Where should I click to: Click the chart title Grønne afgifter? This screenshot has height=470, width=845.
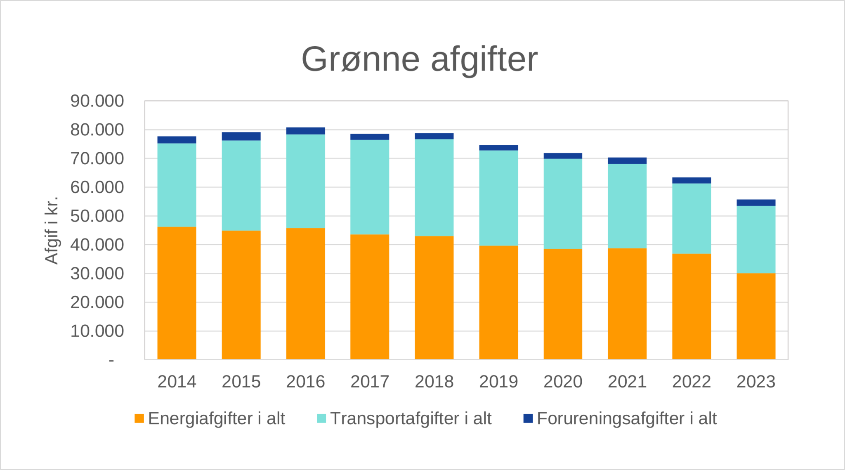[x=420, y=59]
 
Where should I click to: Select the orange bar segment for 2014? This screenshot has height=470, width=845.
[x=177, y=293]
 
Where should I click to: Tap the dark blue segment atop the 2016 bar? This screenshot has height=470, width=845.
[x=305, y=131]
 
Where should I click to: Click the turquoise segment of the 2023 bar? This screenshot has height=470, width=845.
[x=755, y=239]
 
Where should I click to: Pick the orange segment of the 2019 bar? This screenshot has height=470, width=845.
[x=498, y=302]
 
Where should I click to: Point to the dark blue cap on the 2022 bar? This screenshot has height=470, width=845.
[x=691, y=180]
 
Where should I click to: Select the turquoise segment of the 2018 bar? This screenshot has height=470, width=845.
[x=434, y=188]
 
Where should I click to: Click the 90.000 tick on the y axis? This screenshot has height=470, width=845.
[x=97, y=101]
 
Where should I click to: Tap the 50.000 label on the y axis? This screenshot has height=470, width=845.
[x=97, y=216]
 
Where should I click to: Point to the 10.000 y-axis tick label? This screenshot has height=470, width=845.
[x=97, y=331]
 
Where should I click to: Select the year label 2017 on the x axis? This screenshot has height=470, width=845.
[x=370, y=382]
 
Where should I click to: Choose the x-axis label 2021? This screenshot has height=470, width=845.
[x=627, y=382]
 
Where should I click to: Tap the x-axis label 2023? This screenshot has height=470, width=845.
[x=755, y=382]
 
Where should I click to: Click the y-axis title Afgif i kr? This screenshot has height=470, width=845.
[x=52, y=230]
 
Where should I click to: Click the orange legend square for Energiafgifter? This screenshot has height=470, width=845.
[x=139, y=418]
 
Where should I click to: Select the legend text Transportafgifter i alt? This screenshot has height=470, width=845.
[x=411, y=418]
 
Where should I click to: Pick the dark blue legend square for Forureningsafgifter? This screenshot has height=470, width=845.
[x=528, y=418]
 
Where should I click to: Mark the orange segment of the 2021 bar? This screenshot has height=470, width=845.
[x=627, y=304]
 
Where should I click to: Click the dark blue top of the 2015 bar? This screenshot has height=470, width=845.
[x=241, y=136]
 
